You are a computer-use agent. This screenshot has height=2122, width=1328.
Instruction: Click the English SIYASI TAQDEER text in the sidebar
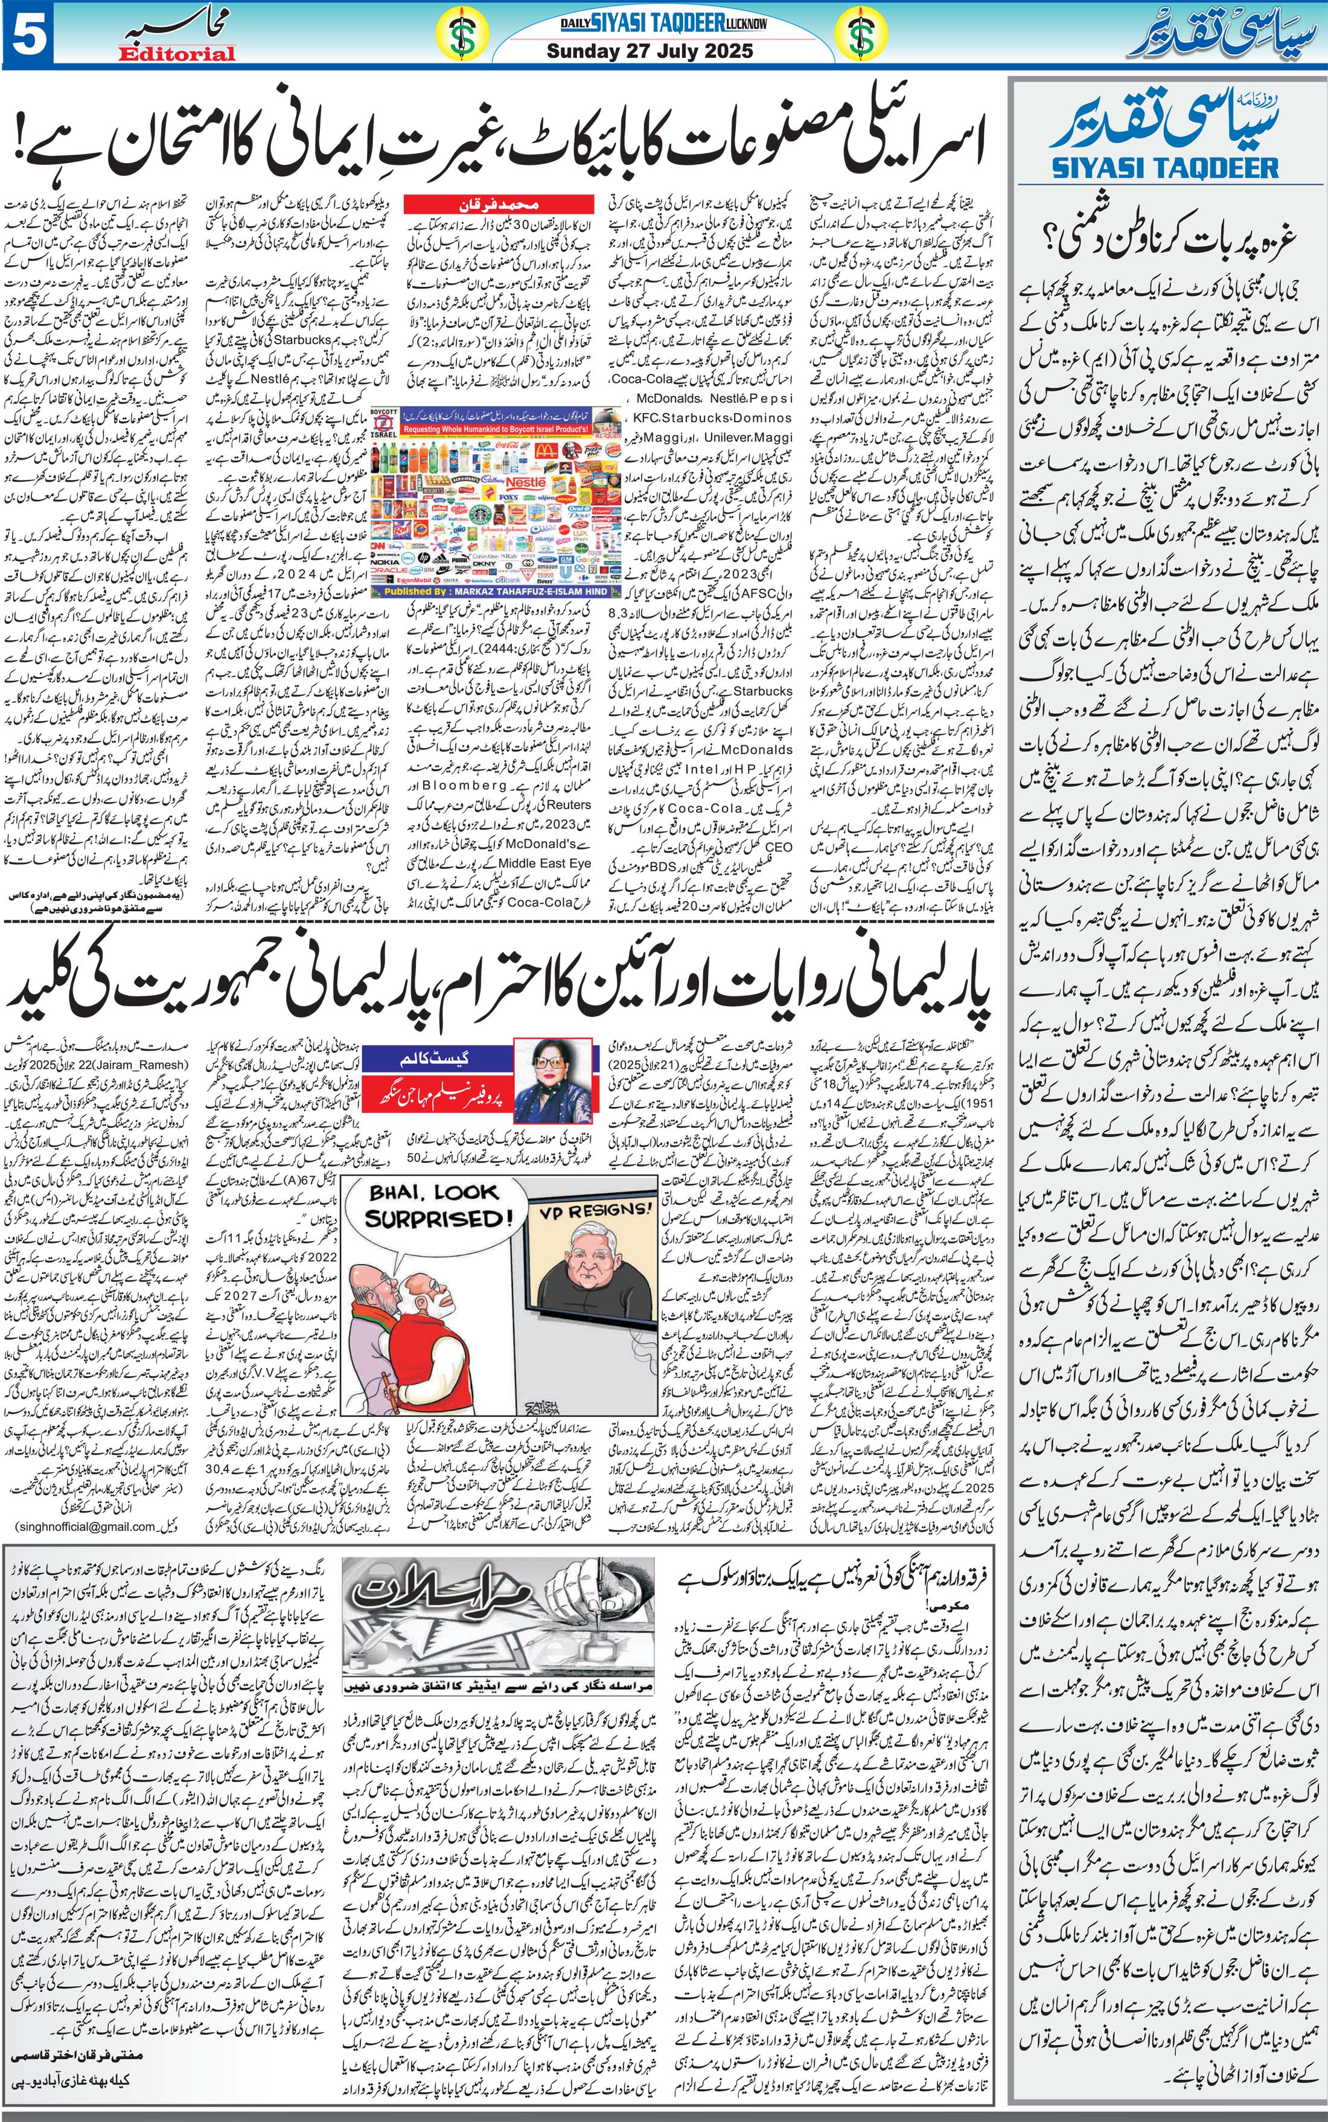point(1164,167)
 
